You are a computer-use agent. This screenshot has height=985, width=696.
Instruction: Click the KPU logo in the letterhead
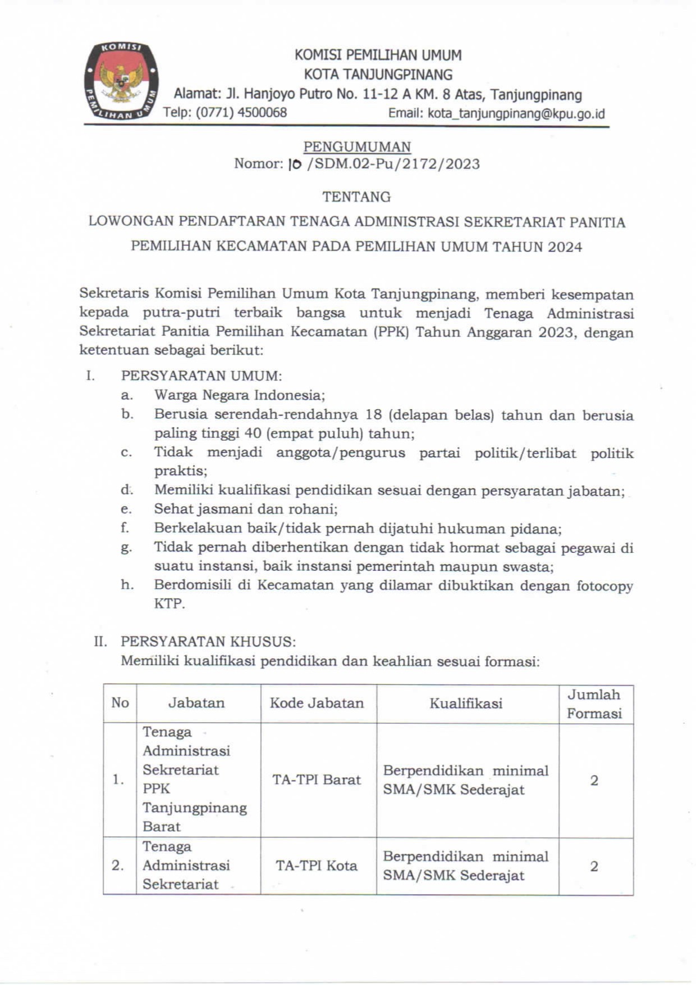click(x=120, y=81)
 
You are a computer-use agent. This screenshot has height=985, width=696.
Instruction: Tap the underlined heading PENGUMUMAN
click(x=357, y=147)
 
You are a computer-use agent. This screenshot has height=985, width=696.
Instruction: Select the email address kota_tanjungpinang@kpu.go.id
click(x=516, y=113)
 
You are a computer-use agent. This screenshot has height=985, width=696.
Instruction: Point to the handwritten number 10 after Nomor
click(x=295, y=164)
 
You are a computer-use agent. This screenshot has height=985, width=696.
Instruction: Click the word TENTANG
click(x=356, y=197)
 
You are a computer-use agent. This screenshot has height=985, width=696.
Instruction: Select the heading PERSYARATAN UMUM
click(x=202, y=375)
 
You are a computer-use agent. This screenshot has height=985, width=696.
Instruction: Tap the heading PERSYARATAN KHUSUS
click(x=208, y=642)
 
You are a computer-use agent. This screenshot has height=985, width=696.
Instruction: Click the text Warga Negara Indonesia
click(x=240, y=395)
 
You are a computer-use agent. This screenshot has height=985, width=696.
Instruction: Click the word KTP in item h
click(x=169, y=604)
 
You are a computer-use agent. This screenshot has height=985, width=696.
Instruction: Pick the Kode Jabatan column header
click(x=317, y=703)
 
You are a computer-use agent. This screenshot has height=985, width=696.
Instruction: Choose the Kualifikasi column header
click(x=466, y=704)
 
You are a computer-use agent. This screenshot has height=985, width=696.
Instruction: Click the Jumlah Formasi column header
click(x=594, y=704)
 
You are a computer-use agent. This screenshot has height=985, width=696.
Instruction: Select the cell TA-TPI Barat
click(x=317, y=780)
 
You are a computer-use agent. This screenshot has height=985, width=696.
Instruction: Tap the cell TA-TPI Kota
click(x=317, y=865)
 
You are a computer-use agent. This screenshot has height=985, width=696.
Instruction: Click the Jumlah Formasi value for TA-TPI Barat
click(x=594, y=780)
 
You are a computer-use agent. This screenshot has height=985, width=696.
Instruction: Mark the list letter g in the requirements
click(x=126, y=547)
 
